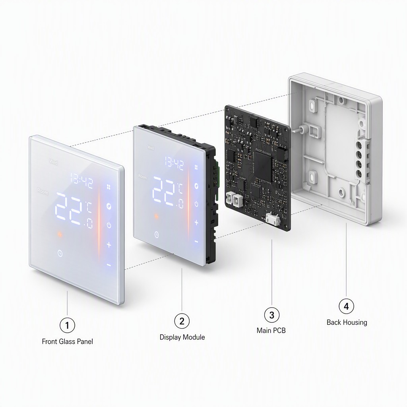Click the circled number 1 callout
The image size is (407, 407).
coord(67,325)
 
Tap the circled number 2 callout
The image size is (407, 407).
coord(182,321)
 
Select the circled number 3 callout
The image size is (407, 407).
coord(272,315)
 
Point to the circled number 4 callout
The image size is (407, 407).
coord(346,306)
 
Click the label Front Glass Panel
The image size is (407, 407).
coord(68,341)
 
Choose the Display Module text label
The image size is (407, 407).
coord(182,337)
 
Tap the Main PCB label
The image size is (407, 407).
coord(271,330)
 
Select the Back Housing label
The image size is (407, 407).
coord(347,322)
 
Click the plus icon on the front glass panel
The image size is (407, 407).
coord(109,244)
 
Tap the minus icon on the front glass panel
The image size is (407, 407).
coord(109,265)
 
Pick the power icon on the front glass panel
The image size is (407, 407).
coord(109,225)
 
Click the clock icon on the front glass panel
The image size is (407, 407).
coord(60,253)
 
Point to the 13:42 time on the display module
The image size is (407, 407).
coord(174,164)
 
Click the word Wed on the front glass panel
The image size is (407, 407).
coord(54,162)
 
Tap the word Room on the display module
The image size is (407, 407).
coord(143,176)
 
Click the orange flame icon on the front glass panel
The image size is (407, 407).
coord(60,235)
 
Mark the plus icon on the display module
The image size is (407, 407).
coord(196,223)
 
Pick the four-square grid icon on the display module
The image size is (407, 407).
coord(196,167)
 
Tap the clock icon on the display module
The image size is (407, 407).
coord(157,235)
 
